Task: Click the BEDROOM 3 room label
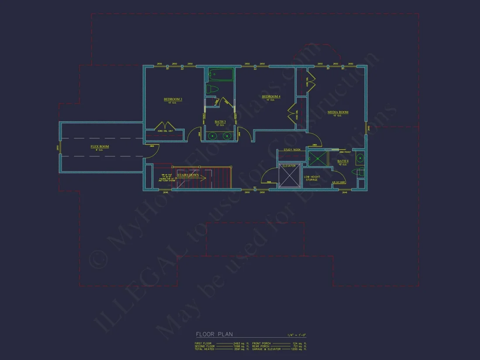173,99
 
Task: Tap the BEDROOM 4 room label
271,96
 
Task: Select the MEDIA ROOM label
338,113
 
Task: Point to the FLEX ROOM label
100,147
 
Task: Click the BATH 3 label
220,122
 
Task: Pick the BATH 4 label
343,161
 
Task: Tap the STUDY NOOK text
291,150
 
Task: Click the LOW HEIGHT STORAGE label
312,178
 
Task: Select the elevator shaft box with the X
289,176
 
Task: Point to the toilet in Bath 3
213,89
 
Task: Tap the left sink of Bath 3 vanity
213,136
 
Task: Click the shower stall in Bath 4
318,158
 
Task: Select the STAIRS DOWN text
188,175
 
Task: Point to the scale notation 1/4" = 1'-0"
297,335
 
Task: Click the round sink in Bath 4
360,158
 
